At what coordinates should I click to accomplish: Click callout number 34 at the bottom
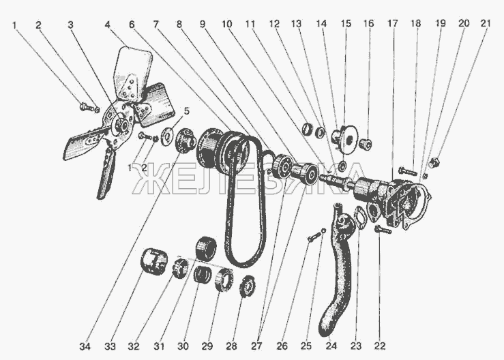[85, 346]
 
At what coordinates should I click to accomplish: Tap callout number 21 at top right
[486, 23]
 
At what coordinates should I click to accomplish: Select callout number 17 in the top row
[392, 23]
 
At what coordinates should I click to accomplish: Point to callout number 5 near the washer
[186, 111]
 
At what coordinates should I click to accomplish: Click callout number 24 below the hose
[331, 346]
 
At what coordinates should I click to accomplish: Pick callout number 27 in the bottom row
[256, 346]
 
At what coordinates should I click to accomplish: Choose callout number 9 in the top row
[203, 24]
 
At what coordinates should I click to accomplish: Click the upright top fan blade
[132, 73]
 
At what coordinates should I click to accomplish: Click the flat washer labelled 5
[167, 135]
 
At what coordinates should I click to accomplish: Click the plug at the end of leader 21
[434, 162]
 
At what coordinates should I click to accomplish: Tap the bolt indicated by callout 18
[408, 171]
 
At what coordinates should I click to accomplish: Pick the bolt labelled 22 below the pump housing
[383, 230]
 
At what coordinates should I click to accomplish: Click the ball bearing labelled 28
[248, 286]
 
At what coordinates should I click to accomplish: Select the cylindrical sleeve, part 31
[206, 248]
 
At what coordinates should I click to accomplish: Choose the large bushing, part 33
[154, 262]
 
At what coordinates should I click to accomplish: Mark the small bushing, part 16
[366, 144]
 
